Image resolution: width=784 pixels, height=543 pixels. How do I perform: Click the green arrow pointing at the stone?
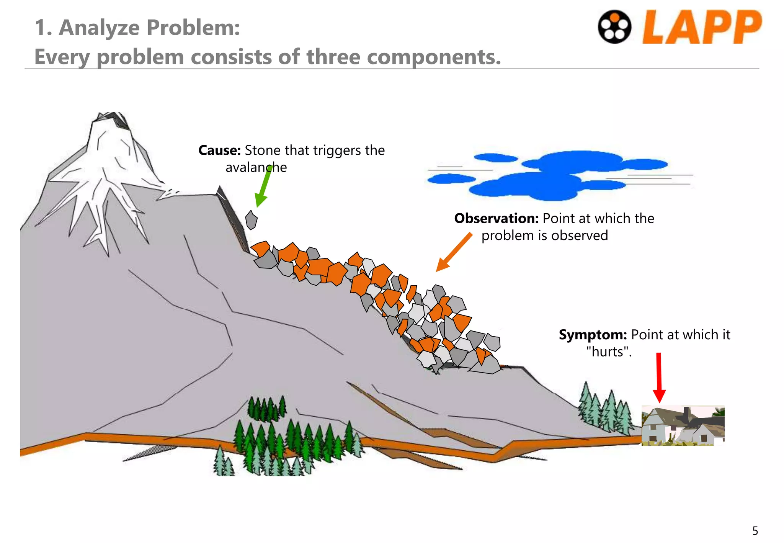[264, 187]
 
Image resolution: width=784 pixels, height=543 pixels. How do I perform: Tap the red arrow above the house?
[659, 377]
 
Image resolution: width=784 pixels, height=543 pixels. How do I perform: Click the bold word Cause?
[219, 150]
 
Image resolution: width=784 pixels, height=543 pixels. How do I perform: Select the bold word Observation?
[496, 218]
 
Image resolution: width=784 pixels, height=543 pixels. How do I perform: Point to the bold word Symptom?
[592, 335]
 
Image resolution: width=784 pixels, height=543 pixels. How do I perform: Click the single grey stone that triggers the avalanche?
[251, 220]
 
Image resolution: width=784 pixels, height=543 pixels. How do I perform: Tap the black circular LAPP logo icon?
[614, 27]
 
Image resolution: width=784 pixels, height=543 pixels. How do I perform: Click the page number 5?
[755, 531]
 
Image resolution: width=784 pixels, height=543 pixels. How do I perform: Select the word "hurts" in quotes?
[608, 352]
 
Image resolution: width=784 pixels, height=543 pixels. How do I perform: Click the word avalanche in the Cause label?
[256, 167]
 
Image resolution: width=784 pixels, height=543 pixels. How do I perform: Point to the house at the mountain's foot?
[683, 425]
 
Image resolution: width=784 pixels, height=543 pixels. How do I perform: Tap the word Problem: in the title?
[193, 28]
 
